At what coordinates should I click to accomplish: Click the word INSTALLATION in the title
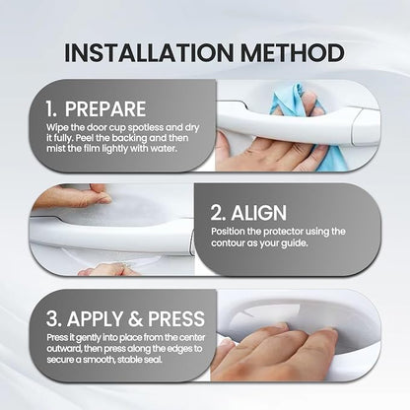click(x=149, y=52)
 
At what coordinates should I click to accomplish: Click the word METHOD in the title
click(x=293, y=52)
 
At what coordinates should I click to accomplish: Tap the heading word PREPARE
click(x=105, y=109)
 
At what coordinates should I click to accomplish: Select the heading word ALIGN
click(x=259, y=213)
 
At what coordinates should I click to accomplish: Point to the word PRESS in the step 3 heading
click(x=176, y=318)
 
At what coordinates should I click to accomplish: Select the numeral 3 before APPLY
click(x=54, y=318)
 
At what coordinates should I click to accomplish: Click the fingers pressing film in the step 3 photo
click(x=279, y=352)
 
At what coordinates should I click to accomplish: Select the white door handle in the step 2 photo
click(x=111, y=234)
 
